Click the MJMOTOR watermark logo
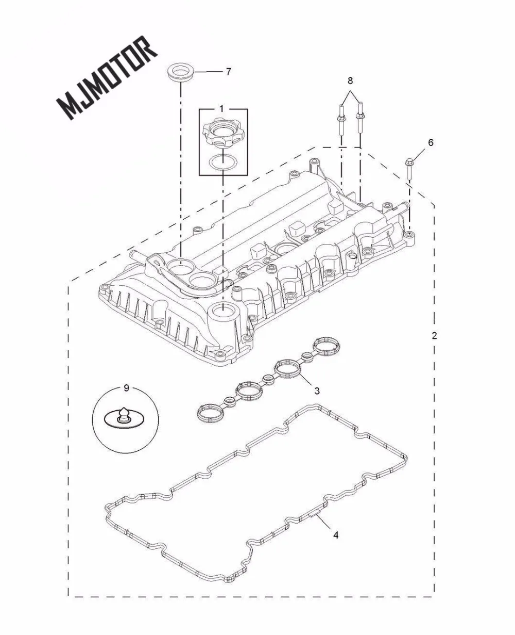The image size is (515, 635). pyautogui.click(x=107, y=77)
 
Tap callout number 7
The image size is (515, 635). pyautogui.click(x=228, y=72)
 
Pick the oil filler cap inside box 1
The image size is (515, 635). pyautogui.click(x=221, y=135)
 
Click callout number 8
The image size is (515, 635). pyautogui.click(x=350, y=80)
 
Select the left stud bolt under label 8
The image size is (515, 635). pyautogui.click(x=341, y=123)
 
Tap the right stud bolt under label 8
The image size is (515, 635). pyautogui.click(x=360, y=123)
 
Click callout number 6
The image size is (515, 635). pyautogui.click(x=431, y=142)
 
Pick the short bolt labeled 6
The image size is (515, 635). pyautogui.click(x=409, y=170)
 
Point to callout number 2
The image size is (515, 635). pyautogui.click(x=434, y=336)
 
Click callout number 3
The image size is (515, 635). pyautogui.click(x=317, y=390)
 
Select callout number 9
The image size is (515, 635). pyautogui.click(x=127, y=388)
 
